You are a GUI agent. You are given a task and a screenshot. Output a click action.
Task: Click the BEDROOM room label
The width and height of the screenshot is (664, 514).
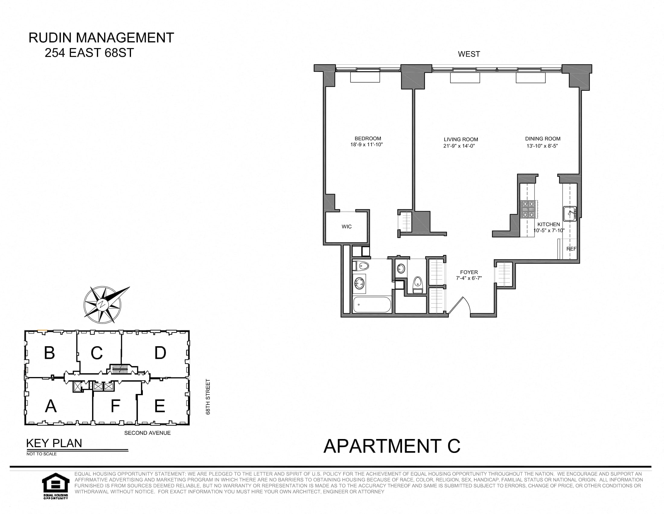pyautogui.click(x=368, y=138)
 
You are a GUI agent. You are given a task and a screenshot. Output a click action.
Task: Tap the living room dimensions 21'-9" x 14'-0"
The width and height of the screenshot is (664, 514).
pyautogui.click(x=459, y=146)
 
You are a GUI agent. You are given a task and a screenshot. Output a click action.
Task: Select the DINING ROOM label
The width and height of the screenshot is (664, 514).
pyautogui.click(x=543, y=138)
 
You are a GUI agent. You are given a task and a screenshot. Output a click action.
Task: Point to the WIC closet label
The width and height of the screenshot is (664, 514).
pyautogui.click(x=346, y=226)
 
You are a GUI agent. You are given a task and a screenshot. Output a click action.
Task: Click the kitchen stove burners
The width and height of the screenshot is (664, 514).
pyautogui.click(x=528, y=209)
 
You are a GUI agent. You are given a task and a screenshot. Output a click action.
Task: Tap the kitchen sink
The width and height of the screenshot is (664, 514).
pyautogui.click(x=569, y=213)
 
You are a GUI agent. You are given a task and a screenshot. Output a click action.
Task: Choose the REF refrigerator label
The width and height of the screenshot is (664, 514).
pyautogui.click(x=571, y=249)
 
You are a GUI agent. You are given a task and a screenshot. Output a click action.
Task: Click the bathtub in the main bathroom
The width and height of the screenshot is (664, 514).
pyautogui.click(x=372, y=304)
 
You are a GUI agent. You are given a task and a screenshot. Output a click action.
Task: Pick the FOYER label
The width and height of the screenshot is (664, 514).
pyautogui.click(x=469, y=272)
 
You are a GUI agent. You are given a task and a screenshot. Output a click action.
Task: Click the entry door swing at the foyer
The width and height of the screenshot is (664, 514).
pyautogui.click(x=460, y=305)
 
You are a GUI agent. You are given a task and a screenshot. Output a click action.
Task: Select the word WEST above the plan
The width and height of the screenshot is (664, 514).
pyautogui.click(x=469, y=54)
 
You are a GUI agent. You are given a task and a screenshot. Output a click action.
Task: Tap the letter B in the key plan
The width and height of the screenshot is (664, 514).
pyautogui.click(x=49, y=353)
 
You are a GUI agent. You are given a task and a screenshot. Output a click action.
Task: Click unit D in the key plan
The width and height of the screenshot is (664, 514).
pyautogui.click(x=160, y=353)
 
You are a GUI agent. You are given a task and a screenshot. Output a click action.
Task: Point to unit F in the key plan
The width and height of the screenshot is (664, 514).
pyautogui.click(x=115, y=405)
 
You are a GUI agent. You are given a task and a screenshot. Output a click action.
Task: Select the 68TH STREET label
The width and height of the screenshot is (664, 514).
pyautogui.click(x=208, y=397)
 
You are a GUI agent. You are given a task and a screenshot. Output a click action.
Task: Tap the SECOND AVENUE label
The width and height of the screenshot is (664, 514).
pyautogui.click(x=148, y=433)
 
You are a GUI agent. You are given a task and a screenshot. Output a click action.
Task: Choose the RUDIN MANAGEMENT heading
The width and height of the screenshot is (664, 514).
pyautogui.click(x=101, y=38)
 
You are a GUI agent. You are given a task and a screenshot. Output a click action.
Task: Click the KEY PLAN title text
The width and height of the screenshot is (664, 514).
pyautogui.click(x=54, y=443)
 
